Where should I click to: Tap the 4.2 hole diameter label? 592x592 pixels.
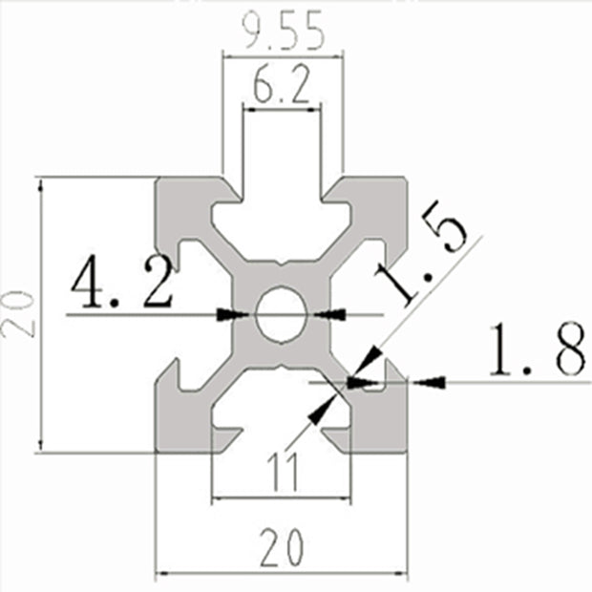(x=121, y=285)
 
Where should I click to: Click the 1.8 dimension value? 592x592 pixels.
(x=537, y=350)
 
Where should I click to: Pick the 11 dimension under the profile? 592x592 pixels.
(x=281, y=472)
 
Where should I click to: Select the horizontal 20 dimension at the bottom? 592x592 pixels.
(x=281, y=547)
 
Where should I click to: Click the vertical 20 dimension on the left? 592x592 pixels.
(x=21, y=314)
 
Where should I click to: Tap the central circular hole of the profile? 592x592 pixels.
(x=281, y=313)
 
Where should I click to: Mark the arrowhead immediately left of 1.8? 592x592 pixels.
(x=432, y=381)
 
